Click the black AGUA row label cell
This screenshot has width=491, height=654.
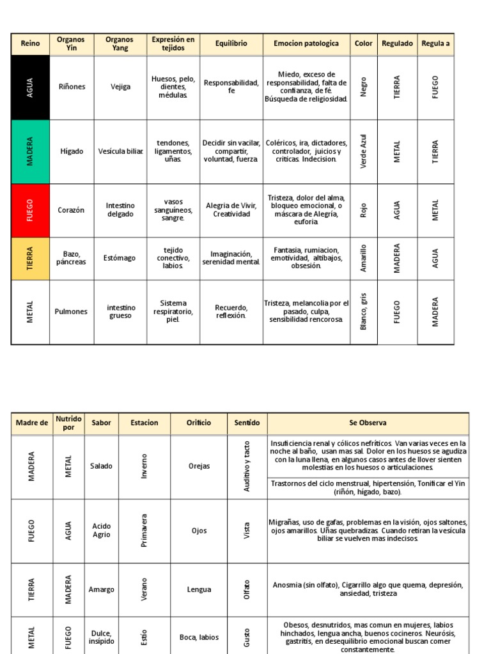pos(30,87)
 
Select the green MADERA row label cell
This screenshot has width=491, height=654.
pos(30,151)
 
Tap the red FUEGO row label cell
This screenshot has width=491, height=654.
pos(30,210)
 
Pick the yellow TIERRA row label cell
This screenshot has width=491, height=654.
pos(30,258)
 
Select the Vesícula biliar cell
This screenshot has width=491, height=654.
pos(121,151)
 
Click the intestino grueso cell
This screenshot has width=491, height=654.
pos(121,312)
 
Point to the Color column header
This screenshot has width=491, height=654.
pos(364,43)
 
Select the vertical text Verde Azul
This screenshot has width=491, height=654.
pos(364,151)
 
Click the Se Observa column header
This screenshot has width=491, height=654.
pos(368,423)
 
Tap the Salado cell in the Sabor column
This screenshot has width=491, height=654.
pos(101,466)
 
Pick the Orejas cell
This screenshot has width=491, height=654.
pos(199,466)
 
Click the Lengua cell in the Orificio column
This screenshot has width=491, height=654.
pos(199,589)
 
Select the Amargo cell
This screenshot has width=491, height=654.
pos(101,589)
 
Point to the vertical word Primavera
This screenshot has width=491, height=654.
pos(144,531)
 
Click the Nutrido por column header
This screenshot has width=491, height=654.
pos(68,423)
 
